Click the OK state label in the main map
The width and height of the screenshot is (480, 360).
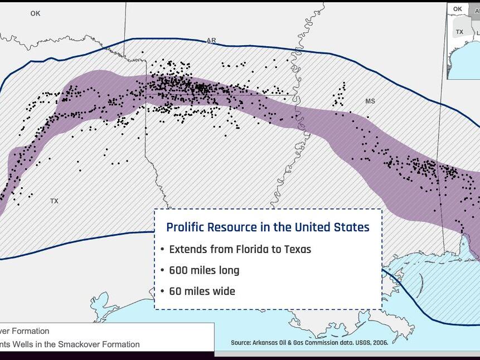(36, 13)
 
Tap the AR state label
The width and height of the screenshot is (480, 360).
(211, 40)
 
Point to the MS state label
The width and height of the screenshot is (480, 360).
(370, 101)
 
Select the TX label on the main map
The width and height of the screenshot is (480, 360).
(54, 201)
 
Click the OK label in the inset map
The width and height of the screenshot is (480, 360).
(458, 9)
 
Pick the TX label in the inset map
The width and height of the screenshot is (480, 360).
(459, 32)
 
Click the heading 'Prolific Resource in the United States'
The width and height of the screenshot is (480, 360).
(268, 227)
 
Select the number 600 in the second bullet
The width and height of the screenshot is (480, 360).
(179, 270)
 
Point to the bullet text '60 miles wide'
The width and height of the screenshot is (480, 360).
(202, 291)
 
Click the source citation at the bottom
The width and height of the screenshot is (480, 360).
(309, 342)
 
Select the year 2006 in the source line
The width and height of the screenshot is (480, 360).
(379, 342)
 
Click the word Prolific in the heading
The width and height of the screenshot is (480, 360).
(185, 227)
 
